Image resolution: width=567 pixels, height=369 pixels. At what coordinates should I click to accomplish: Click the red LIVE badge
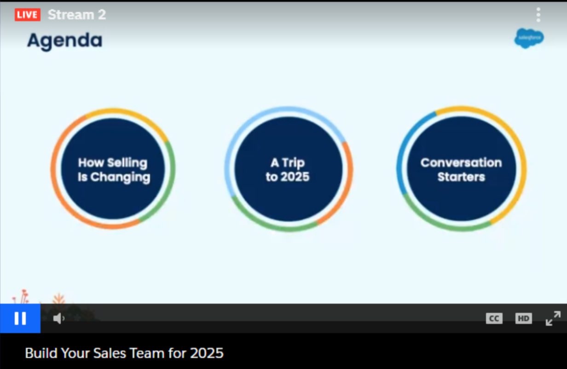pos(28,15)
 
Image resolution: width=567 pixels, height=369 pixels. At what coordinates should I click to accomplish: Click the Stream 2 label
pos(77,15)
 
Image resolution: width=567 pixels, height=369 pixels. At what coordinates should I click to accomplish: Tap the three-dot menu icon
pos(538,15)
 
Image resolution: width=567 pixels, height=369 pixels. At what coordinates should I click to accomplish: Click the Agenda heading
pos(65,41)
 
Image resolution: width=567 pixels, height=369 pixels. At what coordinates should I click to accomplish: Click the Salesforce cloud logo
pos(529,38)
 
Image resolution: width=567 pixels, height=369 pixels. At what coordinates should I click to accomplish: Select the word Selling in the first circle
pos(127,163)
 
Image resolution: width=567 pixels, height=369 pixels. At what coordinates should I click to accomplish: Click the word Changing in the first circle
pos(120,177)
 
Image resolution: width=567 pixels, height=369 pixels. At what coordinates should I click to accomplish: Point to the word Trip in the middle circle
pos(293,163)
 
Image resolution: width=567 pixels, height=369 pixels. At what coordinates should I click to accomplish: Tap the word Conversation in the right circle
pos(461,163)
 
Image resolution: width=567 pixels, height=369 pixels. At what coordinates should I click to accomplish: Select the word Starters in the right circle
pos(461,177)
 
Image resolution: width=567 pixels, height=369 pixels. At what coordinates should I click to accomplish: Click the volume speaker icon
pos(59,318)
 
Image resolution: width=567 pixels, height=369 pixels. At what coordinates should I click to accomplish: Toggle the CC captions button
pos(494,318)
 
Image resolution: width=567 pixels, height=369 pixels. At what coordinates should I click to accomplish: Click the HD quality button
pos(523,318)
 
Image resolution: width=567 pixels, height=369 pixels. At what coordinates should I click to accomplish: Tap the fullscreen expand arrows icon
pos(553,318)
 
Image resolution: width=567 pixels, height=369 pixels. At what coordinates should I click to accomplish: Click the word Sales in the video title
pos(110,353)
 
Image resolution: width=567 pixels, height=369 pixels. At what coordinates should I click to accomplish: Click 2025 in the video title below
pos(207,353)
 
